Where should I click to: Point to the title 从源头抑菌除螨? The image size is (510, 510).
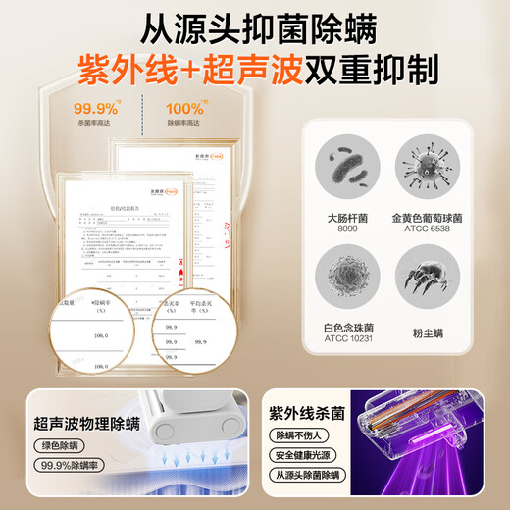[x=255, y=22]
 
